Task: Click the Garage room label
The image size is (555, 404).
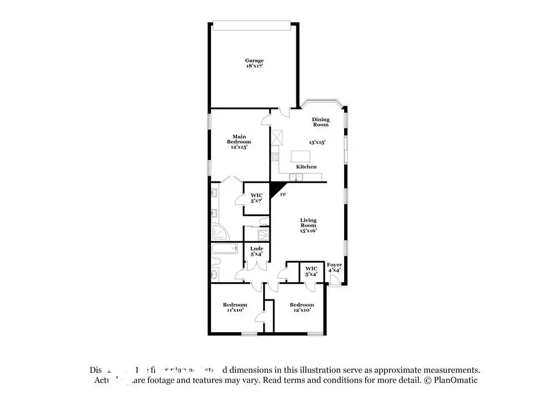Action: (255, 60)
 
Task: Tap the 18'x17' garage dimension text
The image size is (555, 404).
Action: (255, 66)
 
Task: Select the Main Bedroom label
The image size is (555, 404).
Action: (239, 139)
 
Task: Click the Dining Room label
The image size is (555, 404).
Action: (320, 122)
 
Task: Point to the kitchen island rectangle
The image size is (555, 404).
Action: (299, 156)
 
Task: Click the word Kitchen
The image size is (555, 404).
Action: (306, 167)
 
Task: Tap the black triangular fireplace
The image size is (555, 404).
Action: (276, 188)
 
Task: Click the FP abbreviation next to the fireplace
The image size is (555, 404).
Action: (282, 195)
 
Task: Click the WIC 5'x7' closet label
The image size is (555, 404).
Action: (256, 197)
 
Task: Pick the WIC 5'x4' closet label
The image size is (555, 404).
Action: (311, 271)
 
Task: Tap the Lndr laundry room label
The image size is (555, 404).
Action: (256, 251)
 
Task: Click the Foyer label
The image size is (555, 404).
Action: (334, 267)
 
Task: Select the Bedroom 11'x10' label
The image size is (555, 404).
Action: (235, 307)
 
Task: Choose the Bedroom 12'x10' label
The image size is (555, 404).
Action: (301, 307)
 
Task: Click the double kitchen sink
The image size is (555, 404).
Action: (297, 177)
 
